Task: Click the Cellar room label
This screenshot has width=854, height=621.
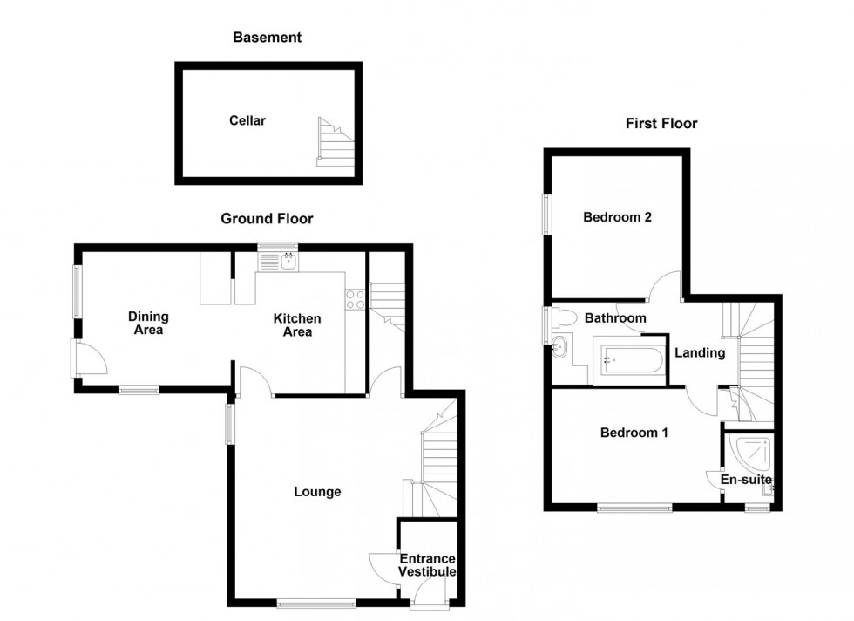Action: pyautogui.click(x=247, y=120)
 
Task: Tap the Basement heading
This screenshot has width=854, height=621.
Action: pyautogui.click(x=267, y=38)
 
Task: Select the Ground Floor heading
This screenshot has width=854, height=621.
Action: pyautogui.click(x=267, y=219)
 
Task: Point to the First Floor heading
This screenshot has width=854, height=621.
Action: pyautogui.click(x=661, y=124)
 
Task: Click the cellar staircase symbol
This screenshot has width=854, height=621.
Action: pyautogui.click(x=335, y=142)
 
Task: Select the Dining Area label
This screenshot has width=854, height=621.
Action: pyautogui.click(x=148, y=323)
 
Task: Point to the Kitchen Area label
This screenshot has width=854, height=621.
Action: pyautogui.click(x=298, y=325)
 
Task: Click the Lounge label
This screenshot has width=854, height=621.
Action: pyautogui.click(x=317, y=492)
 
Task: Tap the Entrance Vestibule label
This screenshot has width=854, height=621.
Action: pyautogui.click(x=427, y=565)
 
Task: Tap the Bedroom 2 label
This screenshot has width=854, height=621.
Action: pyautogui.click(x=618, y=217)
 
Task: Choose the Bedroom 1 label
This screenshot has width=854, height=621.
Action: pyautogui.click(x=634, y=432)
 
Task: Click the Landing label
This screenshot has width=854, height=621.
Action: pyautogui.click(x=700, y=353)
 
